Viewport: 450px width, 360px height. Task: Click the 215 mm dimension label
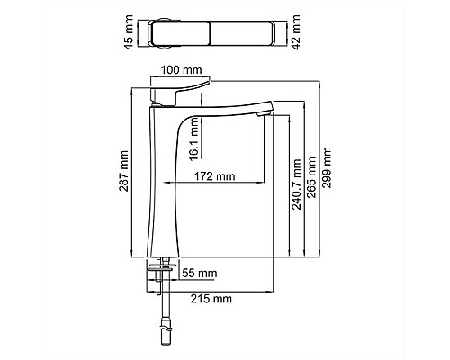click(x=212, y=298)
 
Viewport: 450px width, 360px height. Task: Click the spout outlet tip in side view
click(x=263, y=112)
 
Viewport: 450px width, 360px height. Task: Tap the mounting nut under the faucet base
click(x=159, y=266)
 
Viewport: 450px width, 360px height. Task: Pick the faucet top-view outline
click(x=216, y=33)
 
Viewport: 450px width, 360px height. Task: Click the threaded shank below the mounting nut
click(x=160, y=283)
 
